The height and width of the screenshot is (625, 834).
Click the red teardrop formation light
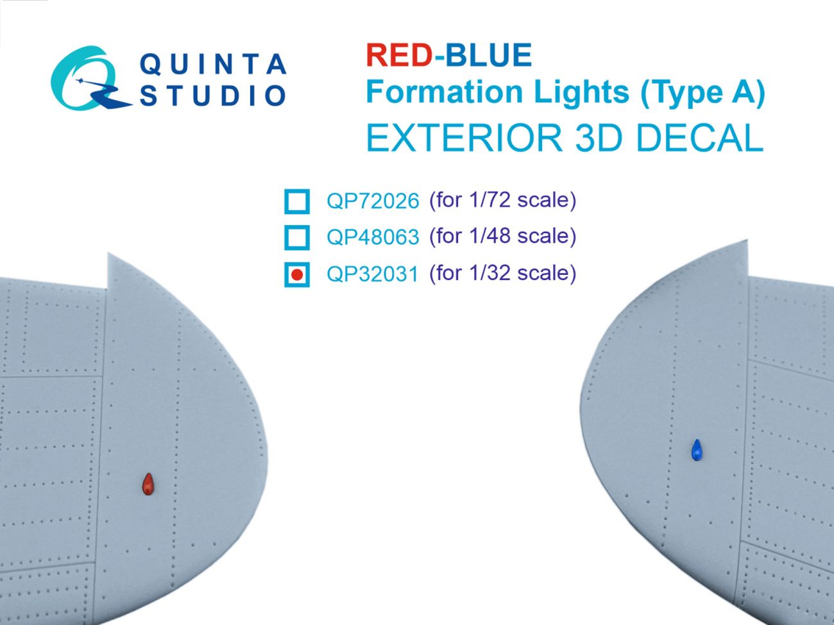coord(148,485)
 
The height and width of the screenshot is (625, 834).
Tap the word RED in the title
coord(398,56)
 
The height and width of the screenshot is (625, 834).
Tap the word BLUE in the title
coord(488,56)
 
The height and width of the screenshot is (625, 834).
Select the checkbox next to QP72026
coord(296,201)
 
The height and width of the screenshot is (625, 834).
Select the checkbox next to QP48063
coord(296,237)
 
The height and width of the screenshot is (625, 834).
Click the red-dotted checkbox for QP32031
coord(296,274)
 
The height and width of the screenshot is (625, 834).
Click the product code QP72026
coord(372,201)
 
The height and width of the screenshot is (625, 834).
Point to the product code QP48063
coord(372,237)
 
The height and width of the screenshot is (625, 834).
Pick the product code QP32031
coord(372,274)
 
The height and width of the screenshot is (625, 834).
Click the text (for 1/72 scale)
coord(502,200)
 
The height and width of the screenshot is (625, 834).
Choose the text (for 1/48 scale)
coord(502,236)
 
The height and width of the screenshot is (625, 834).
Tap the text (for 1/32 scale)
coord(502,273)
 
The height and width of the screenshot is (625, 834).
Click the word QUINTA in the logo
coord(212,64)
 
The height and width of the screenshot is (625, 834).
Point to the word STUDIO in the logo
coord(212,96)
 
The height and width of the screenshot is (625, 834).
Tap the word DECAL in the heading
coord(701,138)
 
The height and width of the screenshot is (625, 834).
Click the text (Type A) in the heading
coord(702,93)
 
